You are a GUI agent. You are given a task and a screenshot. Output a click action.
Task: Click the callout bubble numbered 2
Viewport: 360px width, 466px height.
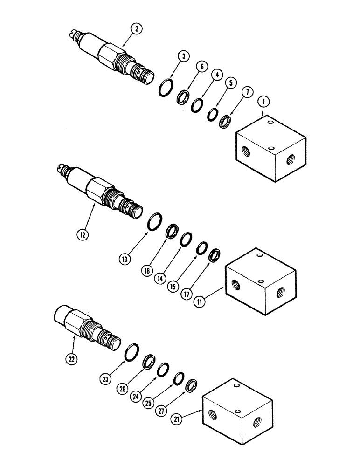[136, 29]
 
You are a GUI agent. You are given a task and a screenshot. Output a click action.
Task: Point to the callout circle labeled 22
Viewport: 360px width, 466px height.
[69, 358]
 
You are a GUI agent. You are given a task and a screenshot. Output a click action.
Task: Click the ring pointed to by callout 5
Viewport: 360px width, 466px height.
[213, 114]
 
